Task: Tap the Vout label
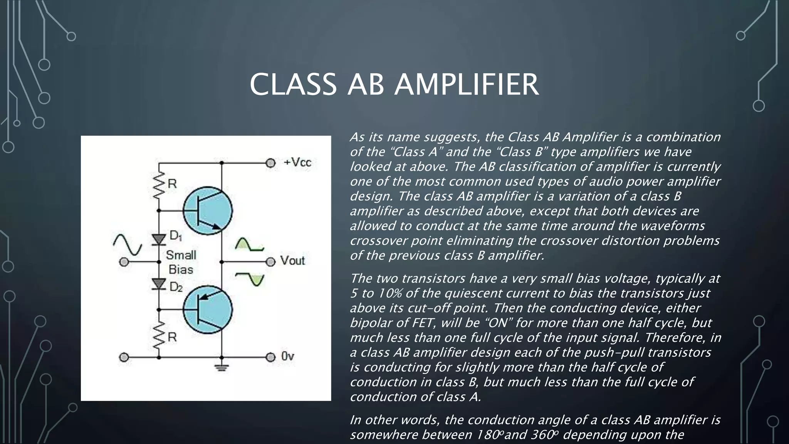292,261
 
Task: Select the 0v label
287,357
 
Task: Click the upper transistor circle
208,210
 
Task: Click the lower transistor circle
208,309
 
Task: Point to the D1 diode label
176,235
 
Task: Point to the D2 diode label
176,287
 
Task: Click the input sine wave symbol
128,245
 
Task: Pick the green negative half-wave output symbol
250,279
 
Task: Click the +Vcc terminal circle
271,163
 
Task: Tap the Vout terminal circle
271,262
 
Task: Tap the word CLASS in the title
293,84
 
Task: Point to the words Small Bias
181,262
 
